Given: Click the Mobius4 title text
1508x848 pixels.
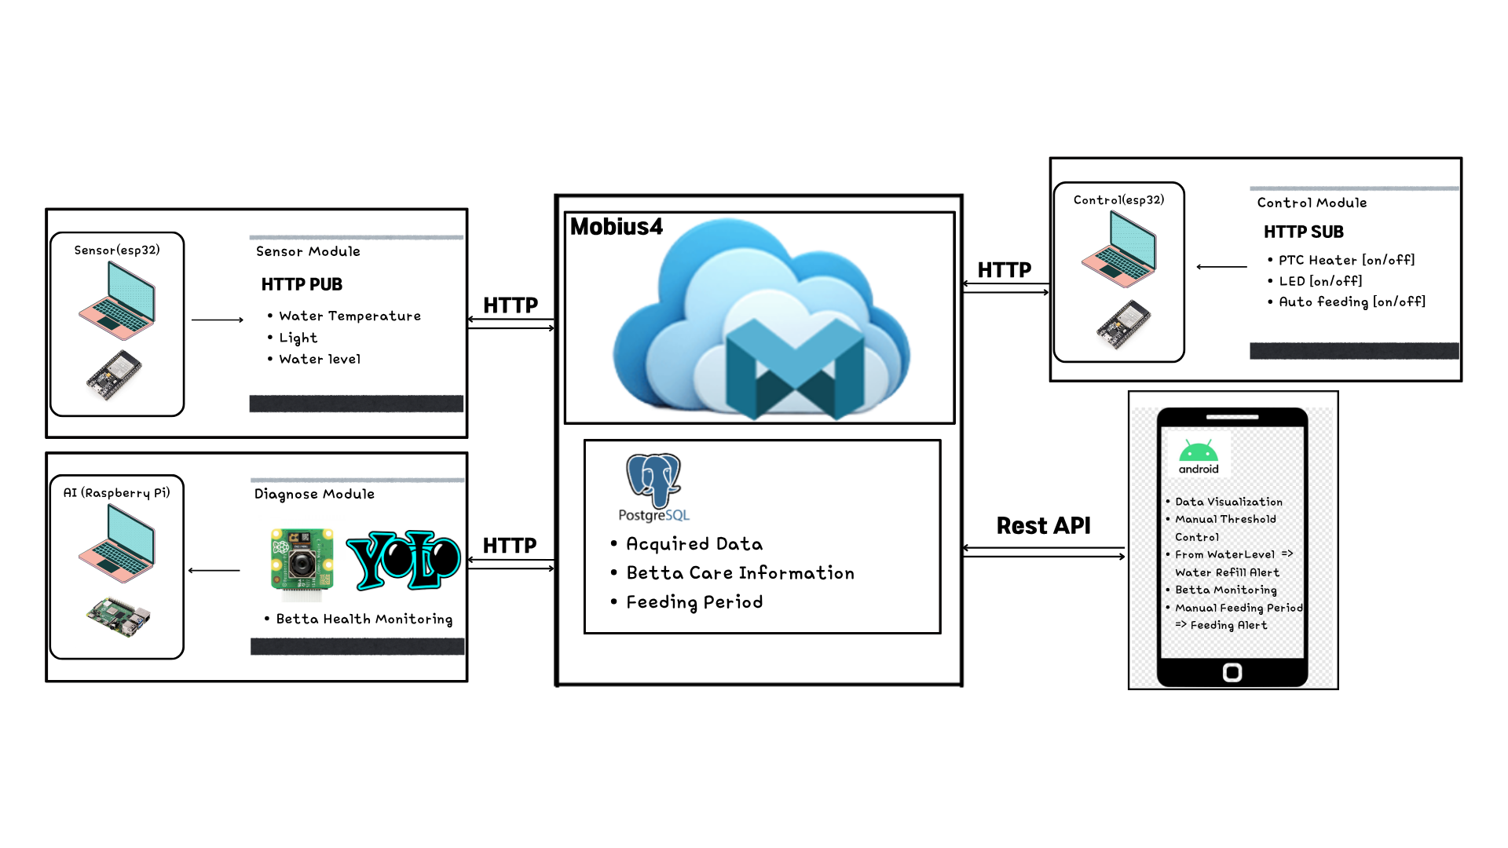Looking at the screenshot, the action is point(617,227).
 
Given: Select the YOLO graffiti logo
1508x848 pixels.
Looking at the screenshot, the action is point(403,561).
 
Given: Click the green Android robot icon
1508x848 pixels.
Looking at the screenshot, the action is point(1199,451).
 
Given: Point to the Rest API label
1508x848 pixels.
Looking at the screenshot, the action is point(1044,525).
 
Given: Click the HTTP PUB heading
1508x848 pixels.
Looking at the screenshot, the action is point(302,284).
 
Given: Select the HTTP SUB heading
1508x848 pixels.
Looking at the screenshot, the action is point(1304,232).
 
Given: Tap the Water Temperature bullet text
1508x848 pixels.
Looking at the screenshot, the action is point(350,316).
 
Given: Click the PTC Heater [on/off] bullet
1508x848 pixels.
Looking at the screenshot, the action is point(1346,260).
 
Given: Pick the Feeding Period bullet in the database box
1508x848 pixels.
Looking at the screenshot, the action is point(694,602).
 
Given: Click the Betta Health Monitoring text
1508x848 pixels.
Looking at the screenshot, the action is point(364,620).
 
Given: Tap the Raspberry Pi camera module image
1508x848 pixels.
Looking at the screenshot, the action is point(302,560).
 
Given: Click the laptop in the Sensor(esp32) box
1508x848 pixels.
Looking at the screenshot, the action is point(117,300).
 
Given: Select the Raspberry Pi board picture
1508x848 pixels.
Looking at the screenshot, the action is point(119,616).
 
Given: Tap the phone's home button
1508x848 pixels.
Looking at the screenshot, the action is point(1232,672).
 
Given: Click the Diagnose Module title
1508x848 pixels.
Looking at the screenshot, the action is point(314,494).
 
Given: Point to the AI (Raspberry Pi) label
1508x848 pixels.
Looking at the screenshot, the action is point(117,493).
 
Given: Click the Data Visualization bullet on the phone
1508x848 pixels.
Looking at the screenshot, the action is point(1228,502).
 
